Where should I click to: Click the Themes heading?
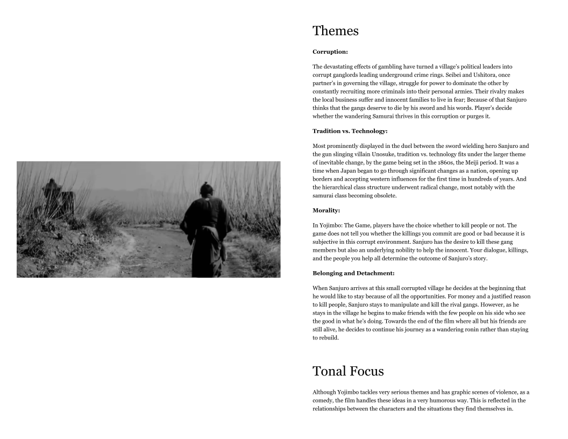(335, 31)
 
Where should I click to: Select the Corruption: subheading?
(330, 52)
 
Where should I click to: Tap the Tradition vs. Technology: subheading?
(350, 131)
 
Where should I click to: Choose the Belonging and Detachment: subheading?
(353, 273)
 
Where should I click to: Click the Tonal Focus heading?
(347, 371)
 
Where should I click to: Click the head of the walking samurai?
(205, 189)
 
